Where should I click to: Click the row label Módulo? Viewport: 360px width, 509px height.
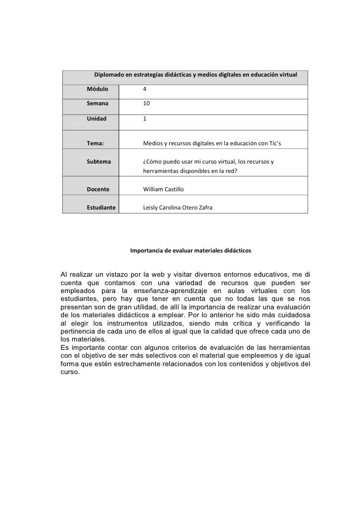97,89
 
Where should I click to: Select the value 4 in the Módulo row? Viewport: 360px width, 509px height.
144,89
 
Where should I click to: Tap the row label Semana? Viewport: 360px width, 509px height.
97,104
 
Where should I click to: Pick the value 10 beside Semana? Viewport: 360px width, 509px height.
146,104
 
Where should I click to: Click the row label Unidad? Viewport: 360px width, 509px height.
96,119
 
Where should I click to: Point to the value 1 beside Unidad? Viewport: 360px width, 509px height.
144,119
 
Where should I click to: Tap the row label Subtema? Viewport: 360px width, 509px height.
99,162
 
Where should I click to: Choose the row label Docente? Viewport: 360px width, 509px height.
98,189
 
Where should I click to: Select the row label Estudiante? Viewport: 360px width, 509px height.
101,208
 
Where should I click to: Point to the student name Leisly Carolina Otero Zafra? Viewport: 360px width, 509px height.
178,208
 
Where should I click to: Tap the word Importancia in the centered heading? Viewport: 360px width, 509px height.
146,251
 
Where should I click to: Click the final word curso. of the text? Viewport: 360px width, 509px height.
70,373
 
